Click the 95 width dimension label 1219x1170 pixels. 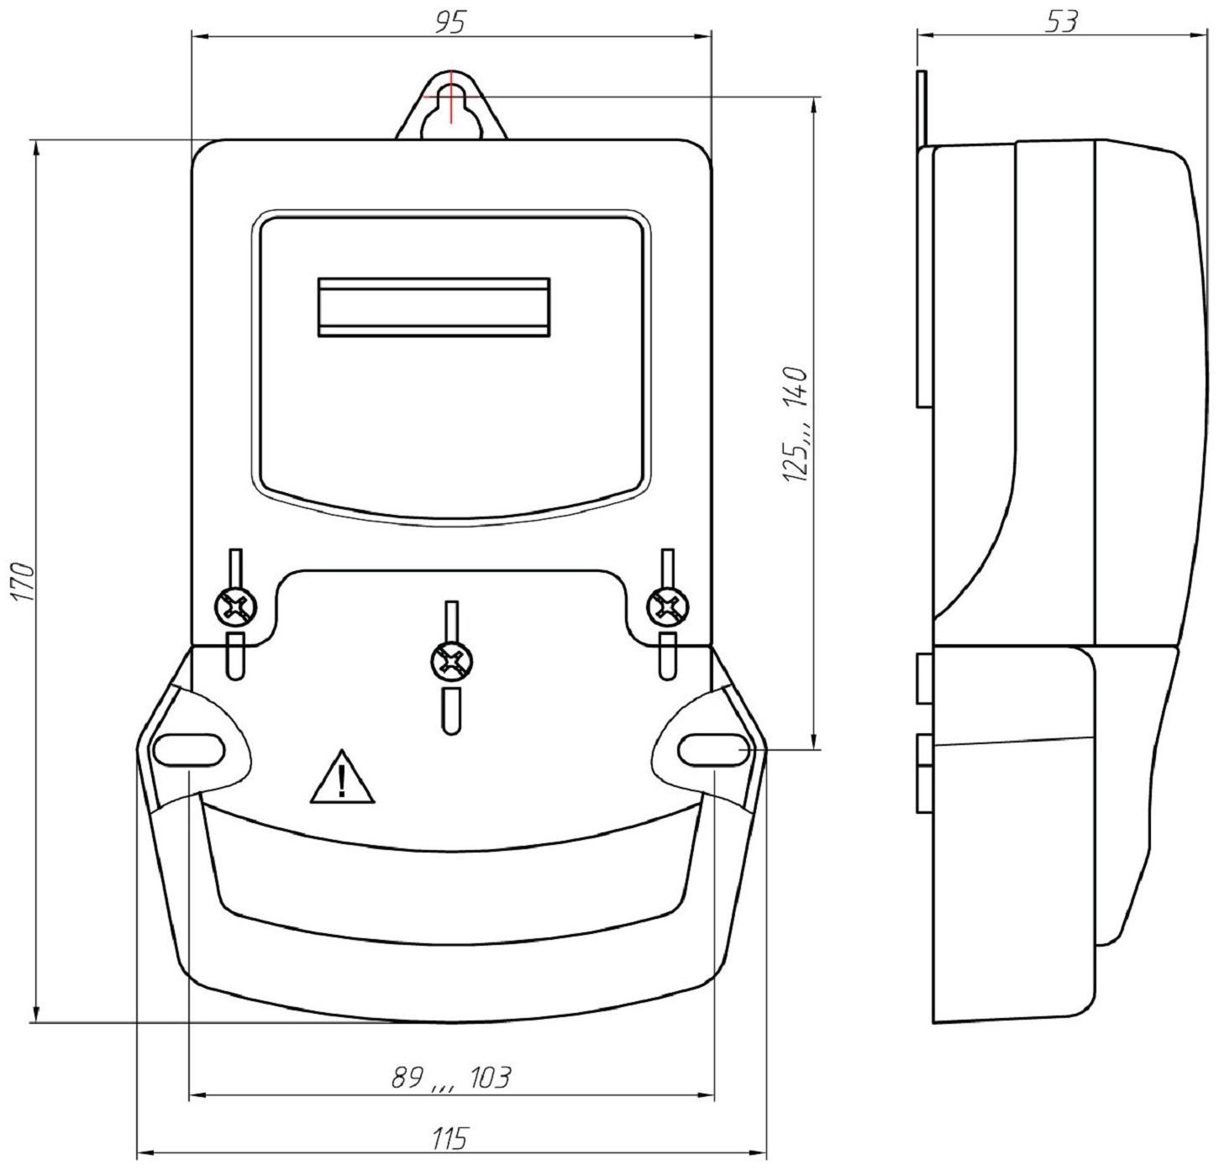point(449,22)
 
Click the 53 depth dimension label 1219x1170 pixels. point(1061,22)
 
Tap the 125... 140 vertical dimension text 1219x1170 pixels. point(795,425)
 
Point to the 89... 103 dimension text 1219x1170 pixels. point(451,1078)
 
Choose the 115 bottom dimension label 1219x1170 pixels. point(450,1140)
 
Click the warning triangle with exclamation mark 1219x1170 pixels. point(342,779)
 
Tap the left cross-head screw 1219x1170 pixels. point(236,606)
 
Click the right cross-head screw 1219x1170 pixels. point(668,606)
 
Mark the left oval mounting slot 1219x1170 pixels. point(188,750)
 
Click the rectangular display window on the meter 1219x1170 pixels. point(433,307)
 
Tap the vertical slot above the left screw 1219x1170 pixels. point(236,567)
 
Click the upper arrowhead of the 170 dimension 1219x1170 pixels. point(35,148)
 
